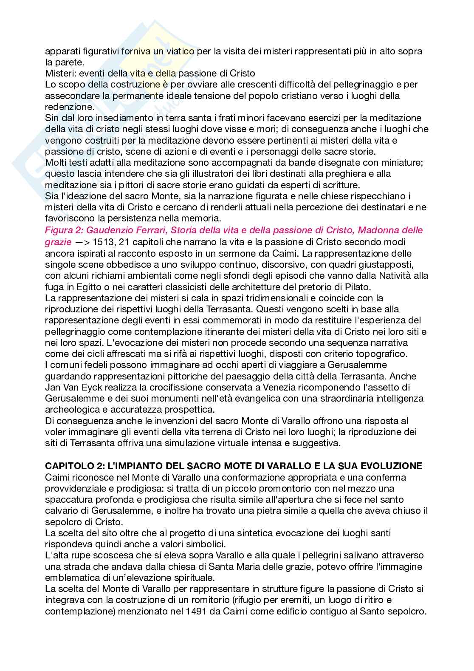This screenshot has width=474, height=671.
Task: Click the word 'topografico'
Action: (x=365, y=354)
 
